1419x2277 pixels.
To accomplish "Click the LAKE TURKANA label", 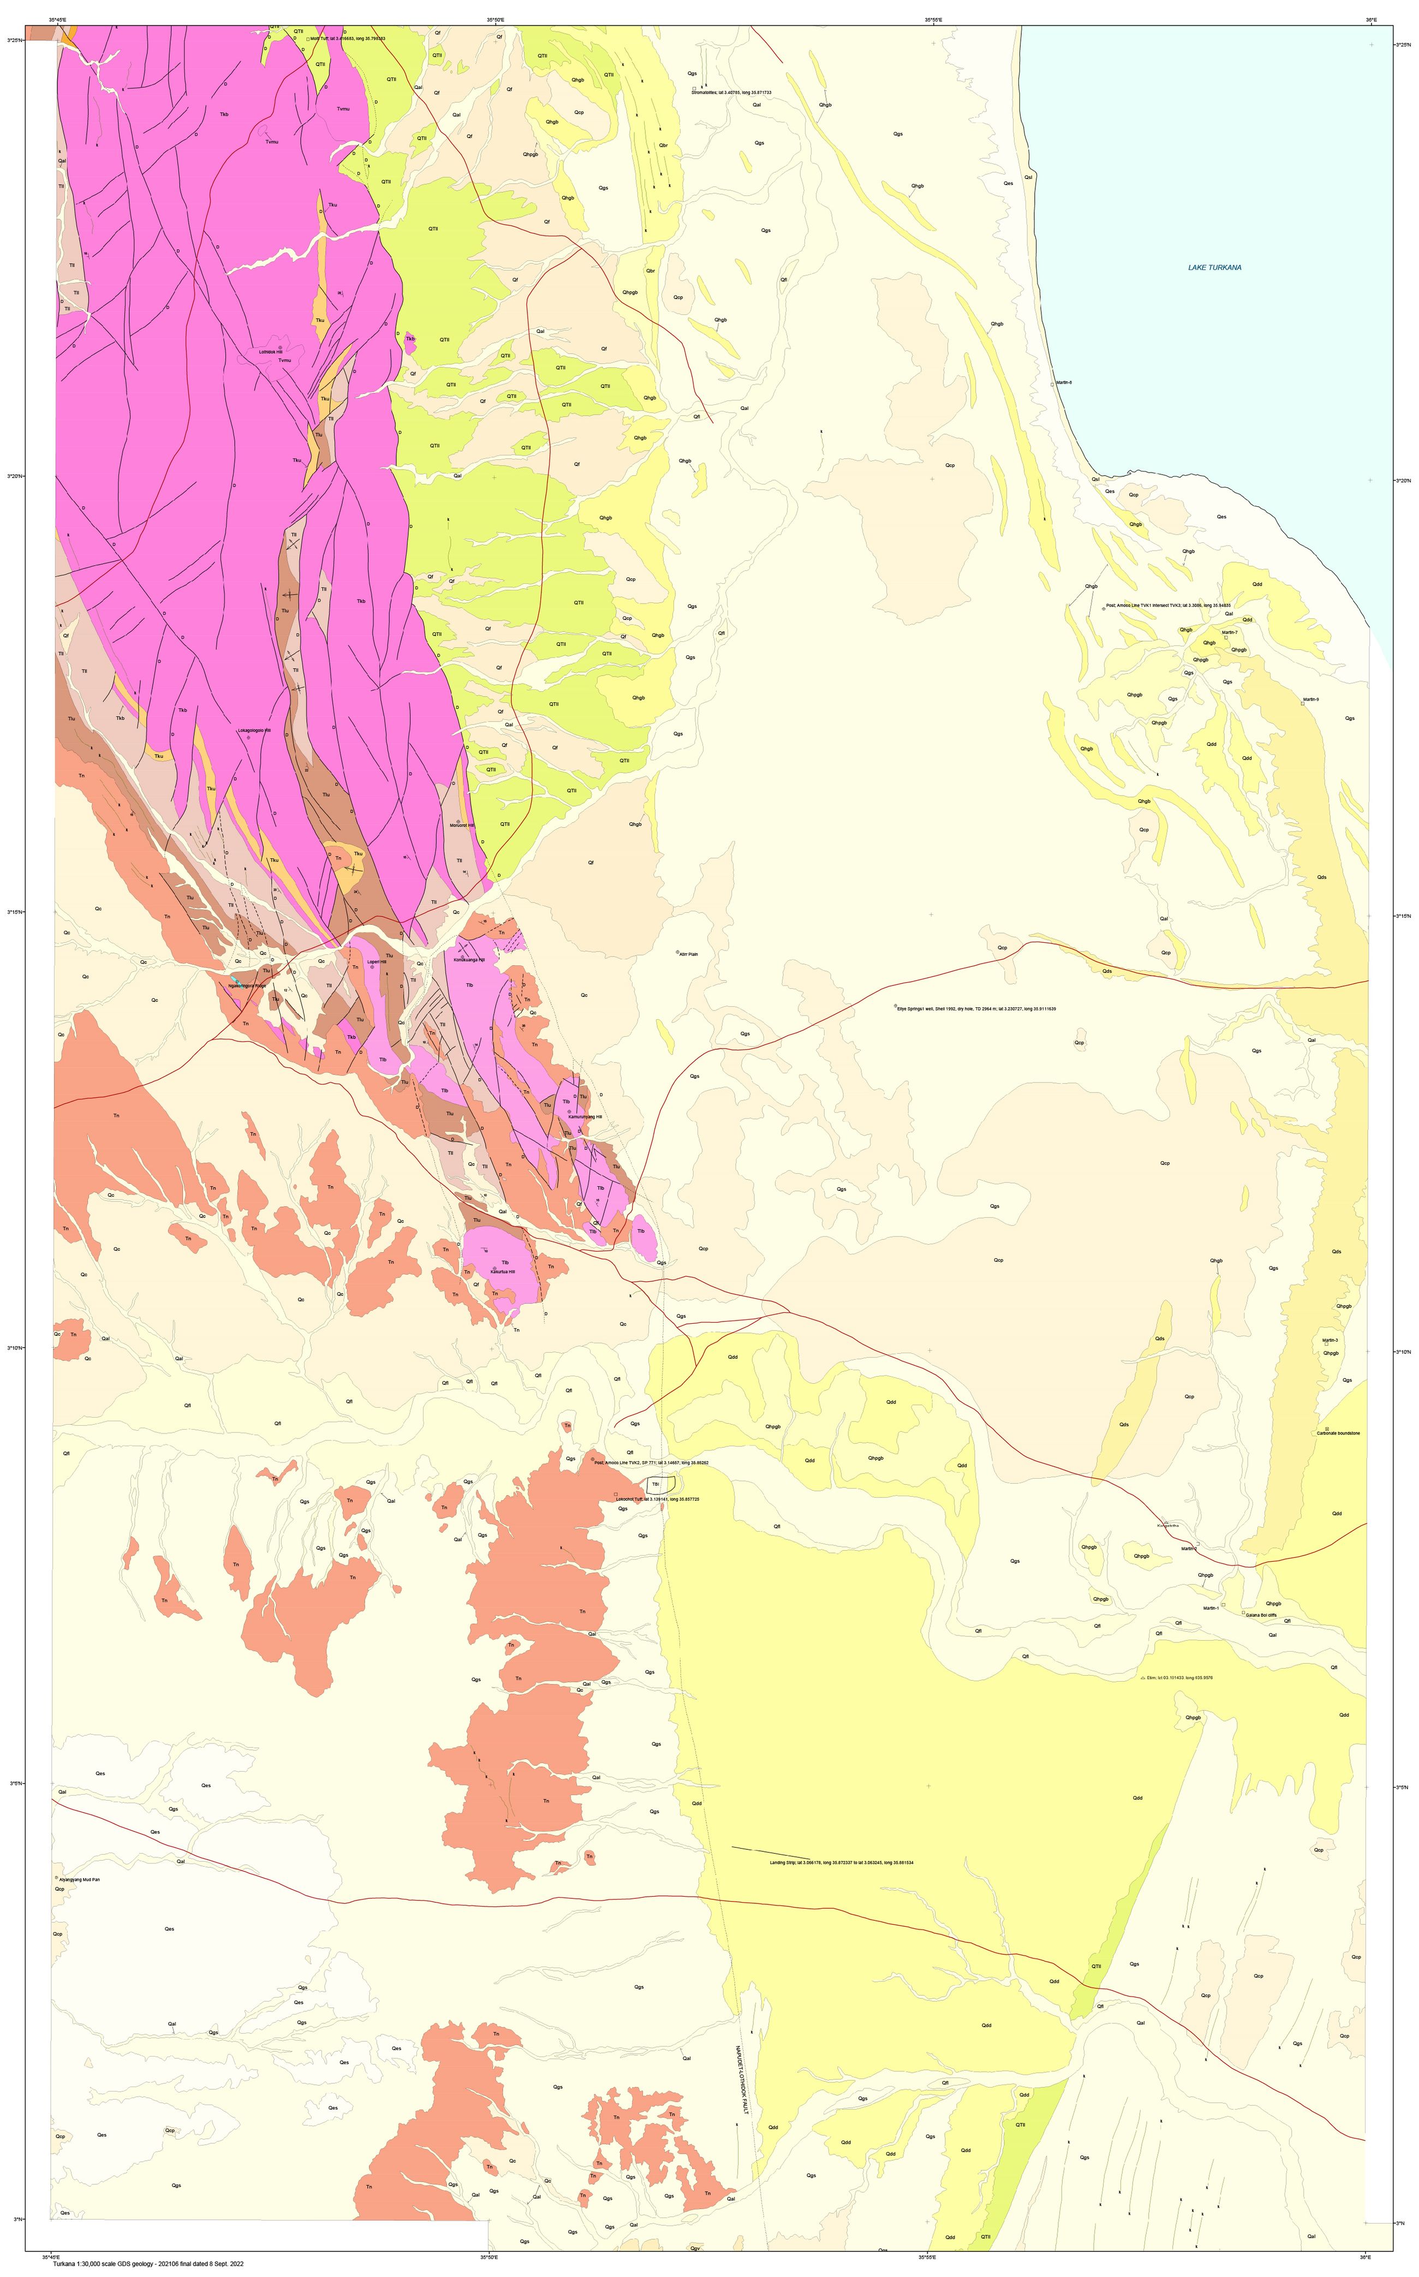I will pyautogui.click(x=1214, y=267).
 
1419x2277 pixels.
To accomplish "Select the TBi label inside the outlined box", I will pyautogui.click(x=655, y=1483).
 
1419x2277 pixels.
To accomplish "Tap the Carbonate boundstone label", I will pyautogui.click(x=1338, y=1433).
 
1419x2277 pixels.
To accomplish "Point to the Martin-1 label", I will pyautogui.click(x=1211, y=1608).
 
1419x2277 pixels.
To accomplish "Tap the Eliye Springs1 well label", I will pyautogui.click(x=976, y=1008).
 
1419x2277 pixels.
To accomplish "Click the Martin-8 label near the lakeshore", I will pyautogui.click(x=1063, y=383).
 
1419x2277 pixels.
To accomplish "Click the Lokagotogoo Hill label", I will pyautogui.click(x=253, y=730).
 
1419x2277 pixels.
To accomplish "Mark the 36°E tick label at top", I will pyautogui.click(x=1371, y=19).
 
